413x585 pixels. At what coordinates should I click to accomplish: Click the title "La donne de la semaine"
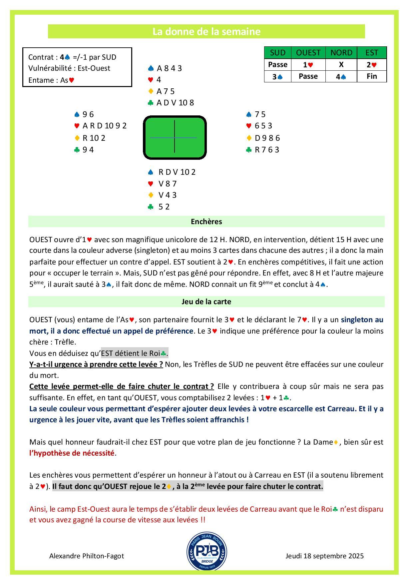(x=206, y=32)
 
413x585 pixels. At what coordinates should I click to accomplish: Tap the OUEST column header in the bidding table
(x=308, y=53)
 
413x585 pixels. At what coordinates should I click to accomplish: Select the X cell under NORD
(x=341, y=65)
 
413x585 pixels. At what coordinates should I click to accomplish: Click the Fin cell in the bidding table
(x=371, y=76)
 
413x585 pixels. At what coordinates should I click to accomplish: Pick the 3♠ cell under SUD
(x=277, y=76)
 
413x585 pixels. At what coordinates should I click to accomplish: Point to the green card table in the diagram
(x=175, y=137)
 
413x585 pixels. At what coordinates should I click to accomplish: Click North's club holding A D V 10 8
(x=175, y=103)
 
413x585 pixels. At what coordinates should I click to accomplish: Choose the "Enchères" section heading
(x=206, y=221)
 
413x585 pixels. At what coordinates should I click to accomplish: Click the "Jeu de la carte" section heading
(x=206, y=302)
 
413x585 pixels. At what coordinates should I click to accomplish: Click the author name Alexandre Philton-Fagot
(x=87, y=556)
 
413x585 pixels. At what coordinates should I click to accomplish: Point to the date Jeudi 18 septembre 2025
(x=324, y=556)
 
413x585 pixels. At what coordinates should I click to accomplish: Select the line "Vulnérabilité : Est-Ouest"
(x=69, y=68)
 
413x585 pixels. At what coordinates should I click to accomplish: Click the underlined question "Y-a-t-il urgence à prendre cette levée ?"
(x=96, y=364)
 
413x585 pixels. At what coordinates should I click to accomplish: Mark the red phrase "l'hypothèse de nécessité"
(x=72, y=453)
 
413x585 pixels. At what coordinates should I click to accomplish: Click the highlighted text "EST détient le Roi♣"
(x=134, y=353)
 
